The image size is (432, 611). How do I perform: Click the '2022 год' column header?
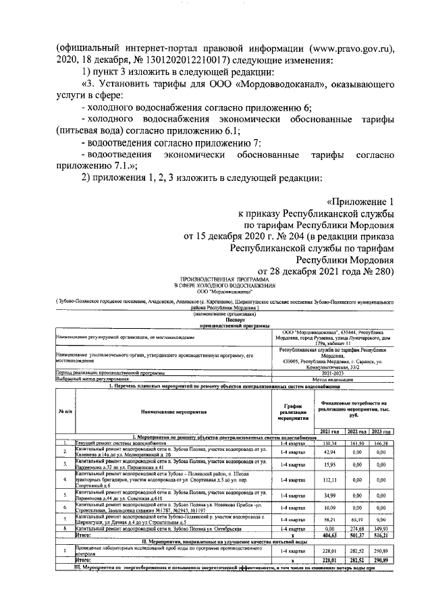tap(356, 431)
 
